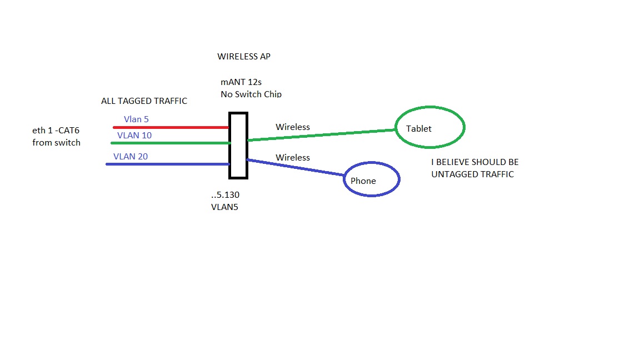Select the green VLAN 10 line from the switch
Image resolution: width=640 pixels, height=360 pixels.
tap(170, 143)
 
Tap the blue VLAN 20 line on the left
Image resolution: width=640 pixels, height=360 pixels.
tap(167, 164)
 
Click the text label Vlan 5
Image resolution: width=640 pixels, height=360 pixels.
tap(136, 119)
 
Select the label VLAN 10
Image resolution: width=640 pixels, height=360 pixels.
tap(134, 135)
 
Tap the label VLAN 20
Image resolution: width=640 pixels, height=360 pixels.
tap(131, 156)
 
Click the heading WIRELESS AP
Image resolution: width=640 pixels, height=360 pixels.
tap(244, 57)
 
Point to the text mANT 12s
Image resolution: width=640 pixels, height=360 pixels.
tap(241, 82)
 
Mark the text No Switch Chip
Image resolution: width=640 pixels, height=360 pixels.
tap(251, 94)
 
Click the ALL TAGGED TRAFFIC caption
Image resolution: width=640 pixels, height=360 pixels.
tap(144, 101)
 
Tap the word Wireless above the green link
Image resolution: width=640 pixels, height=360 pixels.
tap(293, 127)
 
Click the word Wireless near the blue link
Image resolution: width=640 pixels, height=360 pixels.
tap(293, 158)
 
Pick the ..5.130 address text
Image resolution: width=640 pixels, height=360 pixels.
tap(225, 195)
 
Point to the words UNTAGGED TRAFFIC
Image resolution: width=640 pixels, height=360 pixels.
tap(472, 174)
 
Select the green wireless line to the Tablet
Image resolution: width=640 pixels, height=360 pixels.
tap(322, 135)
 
